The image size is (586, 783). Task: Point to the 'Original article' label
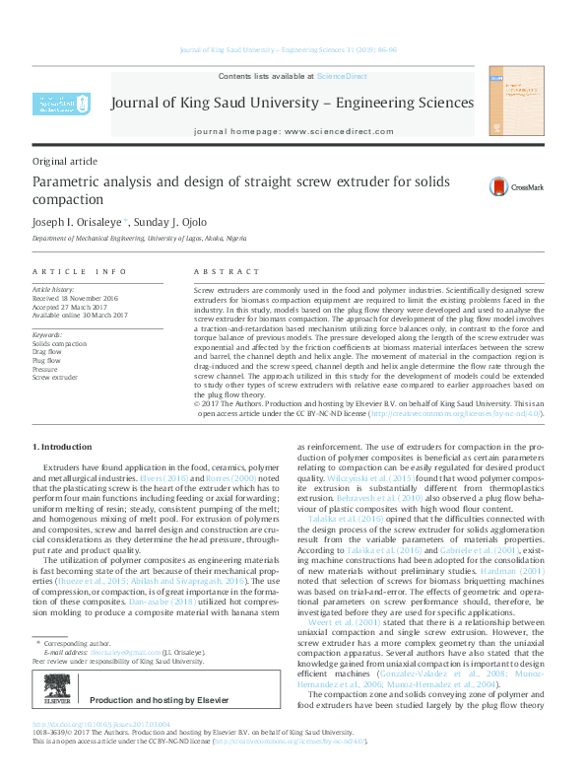(x=65, y=160)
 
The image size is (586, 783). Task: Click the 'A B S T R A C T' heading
(x=226, y=270)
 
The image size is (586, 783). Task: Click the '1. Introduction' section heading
(x=63, y=449)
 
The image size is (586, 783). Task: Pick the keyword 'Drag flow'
(x=48, y=351)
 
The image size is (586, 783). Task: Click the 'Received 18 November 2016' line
(x=74, y=298)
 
